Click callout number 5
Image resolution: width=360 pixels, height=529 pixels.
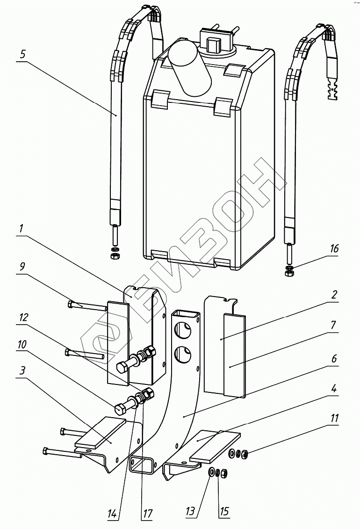tap(22, 54)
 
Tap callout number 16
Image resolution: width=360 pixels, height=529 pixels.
tap(334, 249)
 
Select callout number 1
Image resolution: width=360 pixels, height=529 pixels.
tap(21, 228)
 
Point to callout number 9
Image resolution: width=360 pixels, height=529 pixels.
tap(22, 267)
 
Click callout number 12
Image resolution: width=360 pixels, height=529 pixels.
tap(23, 318)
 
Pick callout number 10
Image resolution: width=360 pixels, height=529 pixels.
tap(22, 344)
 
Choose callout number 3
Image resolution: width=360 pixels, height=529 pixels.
tap(22, 371)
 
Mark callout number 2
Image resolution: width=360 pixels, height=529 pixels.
tap(334, 295)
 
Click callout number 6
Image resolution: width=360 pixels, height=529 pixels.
tap(334, 358)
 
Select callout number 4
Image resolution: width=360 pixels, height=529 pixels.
tap(333, 388)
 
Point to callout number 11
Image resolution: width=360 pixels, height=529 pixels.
tap(334, 418)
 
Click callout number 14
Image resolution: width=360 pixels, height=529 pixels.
tap(112, 514)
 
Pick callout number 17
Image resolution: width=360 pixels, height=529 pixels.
tap(148, 514)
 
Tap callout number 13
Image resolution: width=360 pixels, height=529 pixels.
tap(190, 511)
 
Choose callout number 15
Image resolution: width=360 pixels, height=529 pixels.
tap(224, 511)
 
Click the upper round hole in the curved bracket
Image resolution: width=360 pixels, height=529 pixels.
tap(183, 331)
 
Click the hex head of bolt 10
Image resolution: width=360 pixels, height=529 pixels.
tap(120, 409)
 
